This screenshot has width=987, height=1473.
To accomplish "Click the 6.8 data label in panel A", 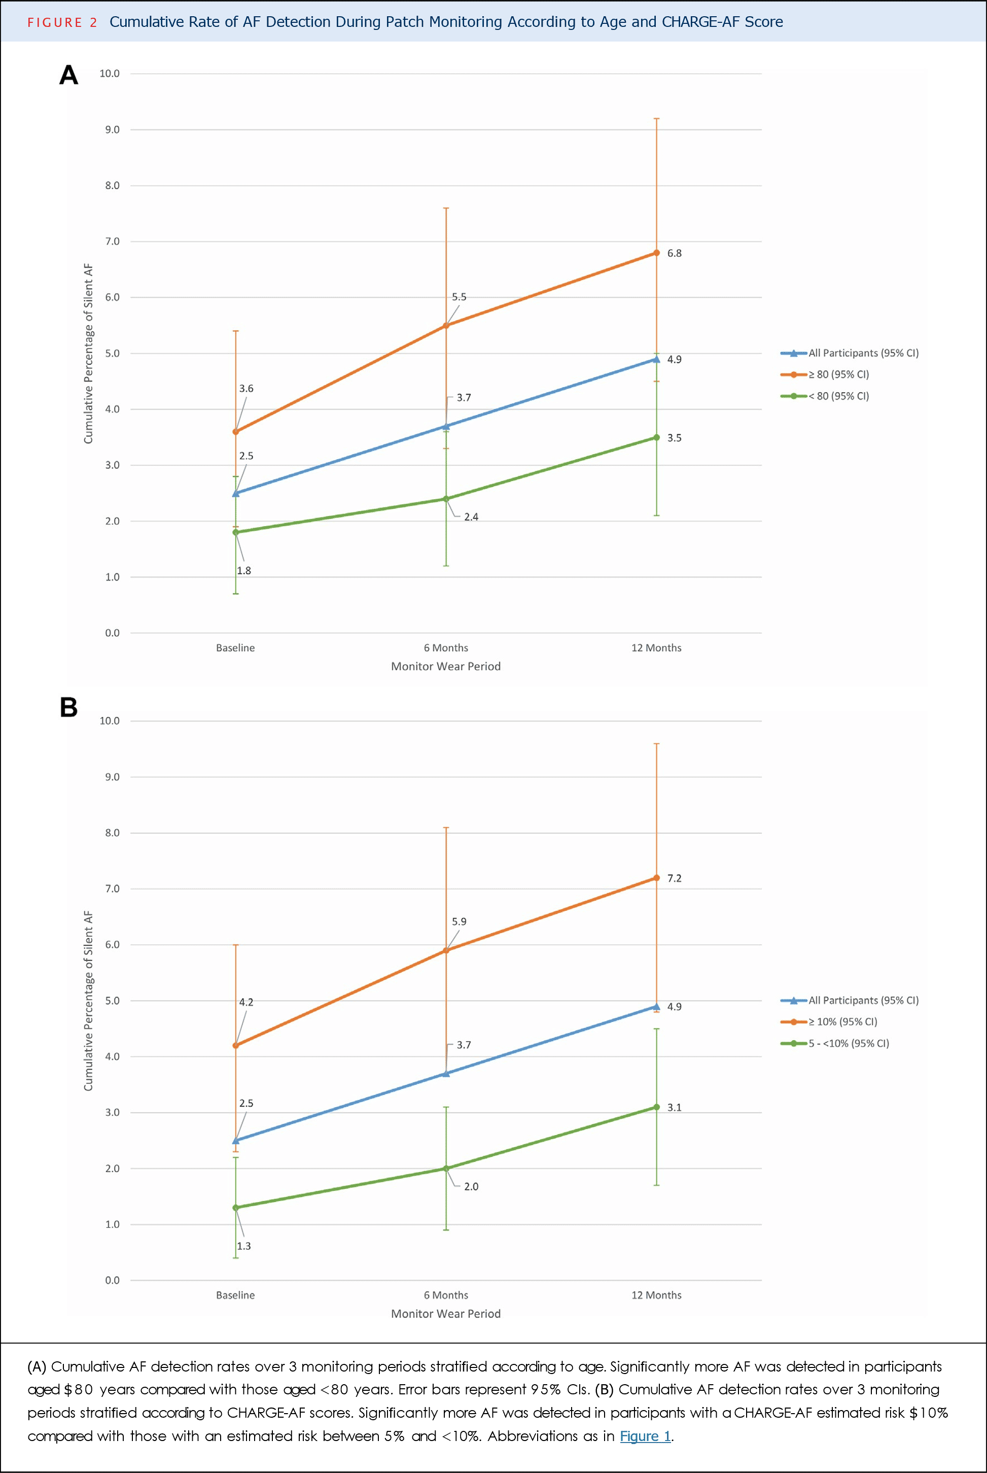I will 674,253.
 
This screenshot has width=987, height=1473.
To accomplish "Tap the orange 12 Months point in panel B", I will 656,878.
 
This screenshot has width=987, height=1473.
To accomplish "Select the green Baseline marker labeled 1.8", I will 236,532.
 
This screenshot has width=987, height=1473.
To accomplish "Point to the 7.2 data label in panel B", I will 674,878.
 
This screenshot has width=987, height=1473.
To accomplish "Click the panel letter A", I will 68,76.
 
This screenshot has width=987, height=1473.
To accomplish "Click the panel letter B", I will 68,707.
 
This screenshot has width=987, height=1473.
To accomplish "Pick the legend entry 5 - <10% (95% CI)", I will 848,1044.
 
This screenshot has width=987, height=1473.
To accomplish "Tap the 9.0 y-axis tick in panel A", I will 112,130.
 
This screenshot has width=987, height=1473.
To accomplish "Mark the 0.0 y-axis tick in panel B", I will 112,1280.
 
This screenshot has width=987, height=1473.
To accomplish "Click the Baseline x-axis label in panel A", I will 235,648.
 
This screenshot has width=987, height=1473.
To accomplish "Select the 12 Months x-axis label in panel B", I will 656,1295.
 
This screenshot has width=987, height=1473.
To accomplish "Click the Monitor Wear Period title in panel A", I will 446,666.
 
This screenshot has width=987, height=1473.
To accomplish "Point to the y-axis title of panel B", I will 88,1001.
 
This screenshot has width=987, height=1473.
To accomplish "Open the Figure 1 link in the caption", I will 645,1436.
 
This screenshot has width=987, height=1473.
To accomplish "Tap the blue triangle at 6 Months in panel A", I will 446,426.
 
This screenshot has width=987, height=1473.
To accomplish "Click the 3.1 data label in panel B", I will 674,1108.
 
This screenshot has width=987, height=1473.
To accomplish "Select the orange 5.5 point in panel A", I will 446,326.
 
